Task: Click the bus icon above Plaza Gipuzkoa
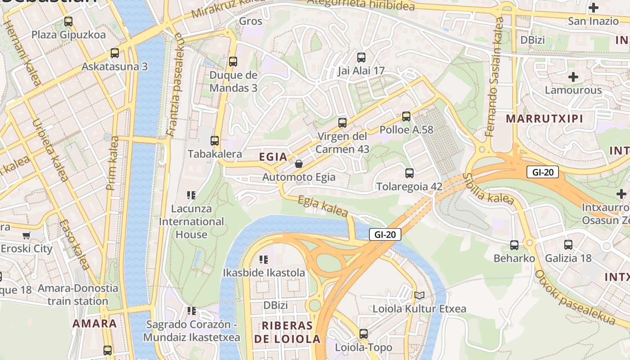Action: point(68,21)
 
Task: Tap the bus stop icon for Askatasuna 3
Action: point(115,53)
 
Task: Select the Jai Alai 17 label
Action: point(361,71)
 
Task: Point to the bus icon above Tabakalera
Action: point(215,140)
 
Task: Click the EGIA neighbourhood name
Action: point(273,157)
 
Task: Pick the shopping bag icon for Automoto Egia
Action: point(298,164)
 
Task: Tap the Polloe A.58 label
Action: point(406,130)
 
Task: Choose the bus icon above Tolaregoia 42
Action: point(409,173)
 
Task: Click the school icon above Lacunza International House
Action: point(191,195)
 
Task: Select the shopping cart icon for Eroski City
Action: point(27,235)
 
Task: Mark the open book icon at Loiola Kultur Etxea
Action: point(419,296)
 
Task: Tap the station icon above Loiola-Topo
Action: point(364,334)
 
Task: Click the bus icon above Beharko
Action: point(514,245)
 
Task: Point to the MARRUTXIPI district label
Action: point(544,119)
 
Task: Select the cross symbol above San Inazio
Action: point(594,8)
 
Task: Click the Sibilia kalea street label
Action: point(488,189)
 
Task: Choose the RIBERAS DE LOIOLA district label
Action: point(287,332)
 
